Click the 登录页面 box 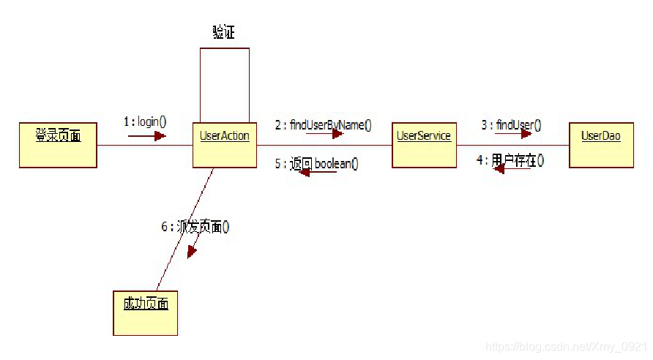[58, 145]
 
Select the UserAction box [224, 145]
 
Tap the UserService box [424, 145]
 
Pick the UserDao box [601, 145]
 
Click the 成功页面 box [145, 312]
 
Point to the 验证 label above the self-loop [223, 33]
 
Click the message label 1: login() [145, 121]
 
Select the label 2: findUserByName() [323, 124]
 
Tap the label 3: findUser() [511, 124]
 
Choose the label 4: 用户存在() [510, 160]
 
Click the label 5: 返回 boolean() [317, 164]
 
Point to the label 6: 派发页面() [195, 227]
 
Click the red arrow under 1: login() [147, 135]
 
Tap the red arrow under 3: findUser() [512, 135]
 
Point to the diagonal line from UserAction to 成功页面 [184, 227]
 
